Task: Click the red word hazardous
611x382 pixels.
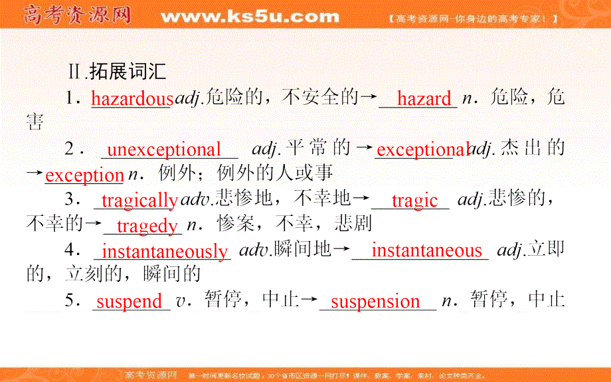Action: [x=131, y=99]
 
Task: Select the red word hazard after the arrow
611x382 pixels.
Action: [x=424, y=99]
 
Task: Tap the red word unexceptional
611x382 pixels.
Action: [x=164, y=150]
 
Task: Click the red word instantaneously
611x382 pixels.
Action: [x=165, y=251]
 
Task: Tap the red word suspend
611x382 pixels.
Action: [x=130, y=302]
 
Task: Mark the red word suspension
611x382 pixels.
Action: [x=375, y=302]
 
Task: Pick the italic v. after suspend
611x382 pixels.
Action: [x=180, y=302]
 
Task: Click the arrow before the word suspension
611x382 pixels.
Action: [x=310, y=302]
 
